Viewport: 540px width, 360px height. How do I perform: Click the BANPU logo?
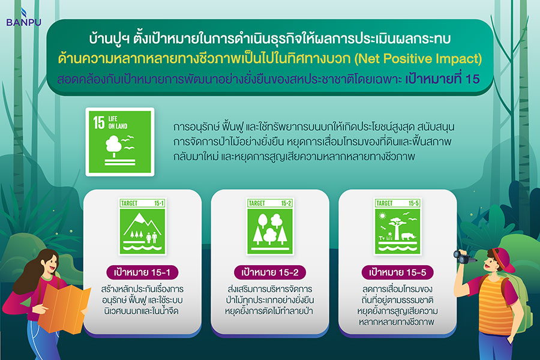[x=23, y=17]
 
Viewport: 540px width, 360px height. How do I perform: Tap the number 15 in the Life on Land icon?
[x=99, y=122]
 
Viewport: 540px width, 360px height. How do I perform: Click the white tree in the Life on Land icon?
[x=113, y=145]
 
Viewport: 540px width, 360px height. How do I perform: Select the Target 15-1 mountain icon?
[x=142, y=226]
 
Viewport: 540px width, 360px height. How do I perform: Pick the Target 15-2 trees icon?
[x=270, y=226]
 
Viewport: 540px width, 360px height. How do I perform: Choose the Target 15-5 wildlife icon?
[x=397, y=226]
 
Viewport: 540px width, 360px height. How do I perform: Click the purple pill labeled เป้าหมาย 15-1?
[x=142, y=272]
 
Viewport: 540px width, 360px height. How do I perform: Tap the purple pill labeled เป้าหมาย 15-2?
[x=270, y=272]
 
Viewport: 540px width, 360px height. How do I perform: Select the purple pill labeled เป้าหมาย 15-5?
[x=397, y=272]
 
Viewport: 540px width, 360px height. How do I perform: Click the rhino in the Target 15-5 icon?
[x=409, y=236]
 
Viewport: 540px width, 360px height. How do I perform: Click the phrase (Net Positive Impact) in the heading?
[x=418, y=59]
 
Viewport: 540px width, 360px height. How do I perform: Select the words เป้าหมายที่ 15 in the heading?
[x=442, y=79]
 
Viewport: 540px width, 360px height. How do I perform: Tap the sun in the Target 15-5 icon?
[x=382, y=216]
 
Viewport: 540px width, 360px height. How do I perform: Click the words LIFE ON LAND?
[x=118, y=122]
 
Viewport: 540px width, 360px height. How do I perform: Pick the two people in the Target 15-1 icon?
[x=152, y=238]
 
